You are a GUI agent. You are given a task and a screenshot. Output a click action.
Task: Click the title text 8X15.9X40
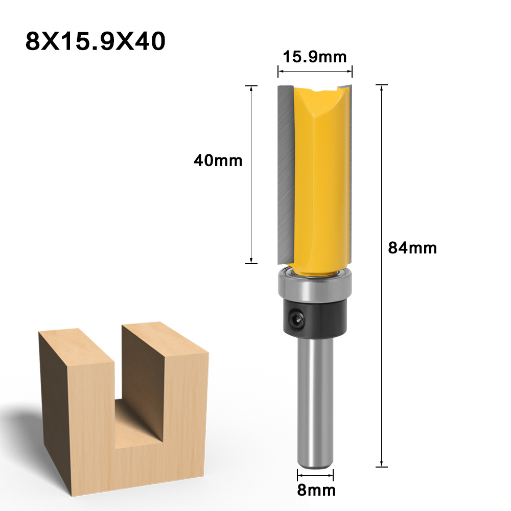tap(95, 41)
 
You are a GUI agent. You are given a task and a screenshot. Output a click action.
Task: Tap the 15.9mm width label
tap(315, 57)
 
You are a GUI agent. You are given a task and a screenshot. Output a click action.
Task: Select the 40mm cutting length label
tap(218, 160)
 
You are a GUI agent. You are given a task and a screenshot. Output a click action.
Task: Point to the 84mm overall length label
tap(412, 248)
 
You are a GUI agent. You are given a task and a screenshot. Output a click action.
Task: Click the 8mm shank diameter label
tap(316, 491)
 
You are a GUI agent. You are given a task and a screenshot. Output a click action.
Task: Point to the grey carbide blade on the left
tap(285, 174)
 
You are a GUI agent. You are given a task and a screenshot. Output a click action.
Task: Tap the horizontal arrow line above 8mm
tap(315, 475)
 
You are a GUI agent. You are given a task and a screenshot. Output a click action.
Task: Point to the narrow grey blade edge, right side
tap(349, 169)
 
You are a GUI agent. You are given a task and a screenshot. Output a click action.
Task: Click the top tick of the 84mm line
tap(381, 85)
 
